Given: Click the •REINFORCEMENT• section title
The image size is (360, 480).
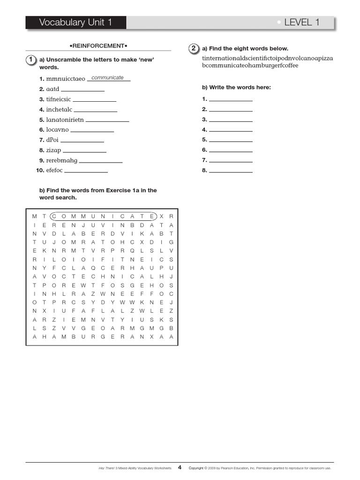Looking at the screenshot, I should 98,45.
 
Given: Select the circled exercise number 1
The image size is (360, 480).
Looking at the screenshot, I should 30,60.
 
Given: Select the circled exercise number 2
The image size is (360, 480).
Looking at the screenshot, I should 193,48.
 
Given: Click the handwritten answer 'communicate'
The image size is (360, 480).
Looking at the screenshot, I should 108,78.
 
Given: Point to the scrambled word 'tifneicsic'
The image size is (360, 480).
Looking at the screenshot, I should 59,99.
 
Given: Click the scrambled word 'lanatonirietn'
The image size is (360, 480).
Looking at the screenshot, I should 65,120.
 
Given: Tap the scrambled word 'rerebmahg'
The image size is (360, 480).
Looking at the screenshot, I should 61,160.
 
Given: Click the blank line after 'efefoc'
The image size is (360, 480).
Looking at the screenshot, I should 86,172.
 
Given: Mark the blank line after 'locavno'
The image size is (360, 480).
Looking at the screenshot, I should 92,131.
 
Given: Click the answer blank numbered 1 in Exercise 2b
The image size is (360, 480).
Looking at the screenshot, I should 231,100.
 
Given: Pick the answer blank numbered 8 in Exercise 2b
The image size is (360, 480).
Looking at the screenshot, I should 231,171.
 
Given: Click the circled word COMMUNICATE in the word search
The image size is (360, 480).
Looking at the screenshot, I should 103,216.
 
